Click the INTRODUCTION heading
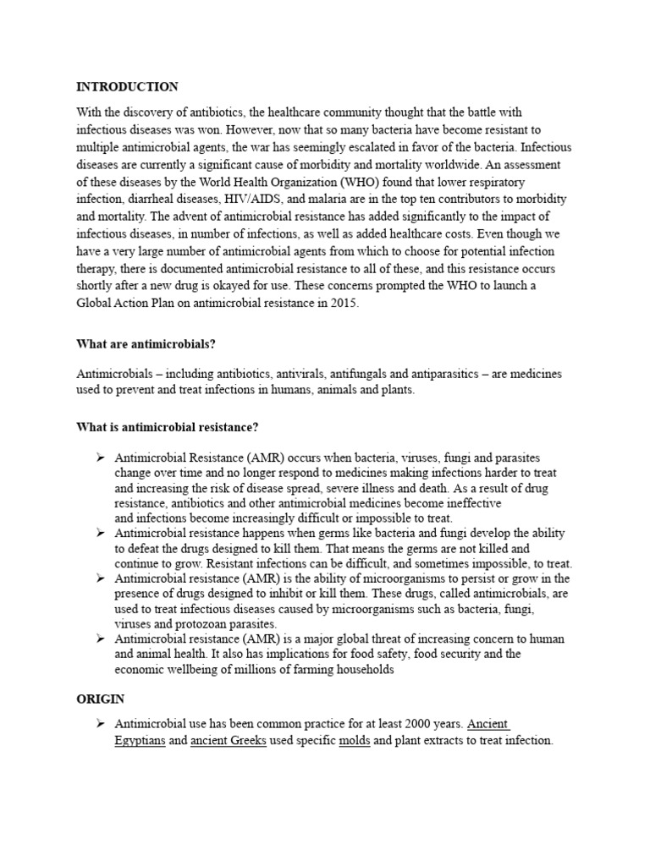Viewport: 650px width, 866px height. click(x=127, y=87)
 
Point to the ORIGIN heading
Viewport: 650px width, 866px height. click(x=101, y=699)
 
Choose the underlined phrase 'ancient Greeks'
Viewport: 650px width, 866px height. click(x=222, y=741)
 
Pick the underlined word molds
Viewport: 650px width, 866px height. click(x=355, y=741)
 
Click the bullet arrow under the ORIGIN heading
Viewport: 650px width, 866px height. click(x=100, y=725)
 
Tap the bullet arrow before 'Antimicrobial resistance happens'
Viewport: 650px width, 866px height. click(x=100, y=534)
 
